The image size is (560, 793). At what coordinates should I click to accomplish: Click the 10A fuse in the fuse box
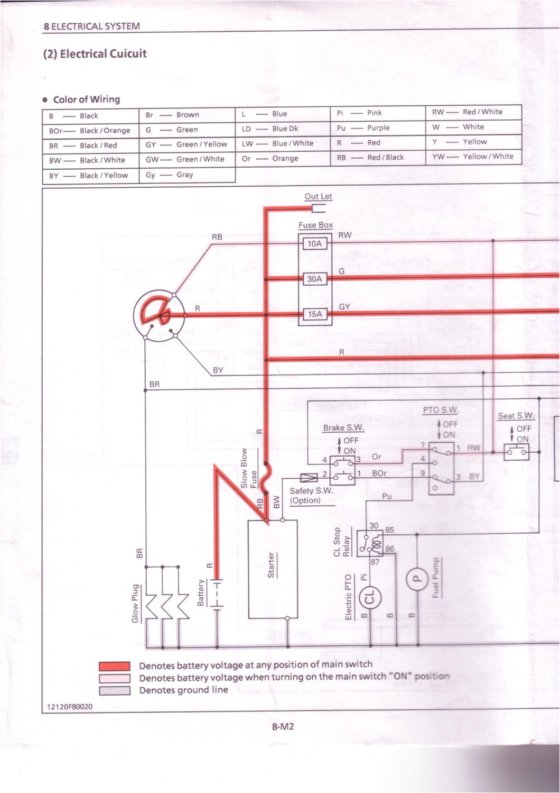pyautogui.click(x=314, y=243)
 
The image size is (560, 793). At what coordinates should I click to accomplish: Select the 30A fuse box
pyautogui.click(x=314, y=279)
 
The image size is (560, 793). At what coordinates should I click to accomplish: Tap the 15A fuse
pyautogui.click(x=314, y=314)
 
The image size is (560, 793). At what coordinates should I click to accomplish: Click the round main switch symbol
pyautogui.click(x=158, y=316)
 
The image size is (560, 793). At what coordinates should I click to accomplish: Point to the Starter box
pyautogui.click(x=272, y=569)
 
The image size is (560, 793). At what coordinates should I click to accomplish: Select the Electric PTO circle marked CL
pyautogui.click(x=370, y=598)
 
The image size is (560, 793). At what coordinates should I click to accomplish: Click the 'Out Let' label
pyautogui.click(x=318, y=196)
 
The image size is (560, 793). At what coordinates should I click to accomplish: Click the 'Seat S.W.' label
pyautogui.click(x=516, y=416)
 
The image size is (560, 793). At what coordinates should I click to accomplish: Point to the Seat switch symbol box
pyautogui.click(x=516, y=452)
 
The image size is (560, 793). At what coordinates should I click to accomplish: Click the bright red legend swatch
pyautogui.click(x=115, y=666)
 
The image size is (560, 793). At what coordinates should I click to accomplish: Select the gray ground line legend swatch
pyautogui.click(x=115, y=690)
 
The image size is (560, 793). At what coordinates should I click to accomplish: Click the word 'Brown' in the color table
pyautogui.click(x=188, y=115)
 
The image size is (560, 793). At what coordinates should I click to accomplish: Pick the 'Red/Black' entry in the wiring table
pyautogui.click(x=385, y=157)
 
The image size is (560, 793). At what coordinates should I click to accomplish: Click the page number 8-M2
pyautogui.click(x=283, y=726)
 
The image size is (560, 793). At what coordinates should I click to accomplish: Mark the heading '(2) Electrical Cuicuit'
pyautogui.click(x=95, y=54)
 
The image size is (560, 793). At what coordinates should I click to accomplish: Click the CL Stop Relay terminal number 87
pyautogui.click(x=375, y=562)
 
